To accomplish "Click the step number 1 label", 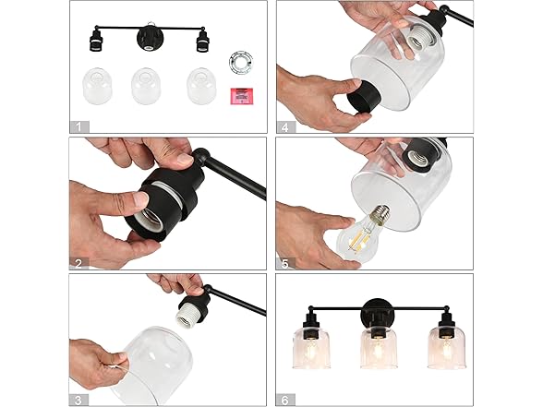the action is coord(79,126).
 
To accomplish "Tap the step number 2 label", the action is coord(79,264).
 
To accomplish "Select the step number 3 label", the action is coord(78,401).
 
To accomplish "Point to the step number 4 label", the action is coord(285,127).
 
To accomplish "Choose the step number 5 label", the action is coord(285,264).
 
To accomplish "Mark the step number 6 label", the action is coord(285,401).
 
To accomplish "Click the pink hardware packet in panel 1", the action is coord(242,96).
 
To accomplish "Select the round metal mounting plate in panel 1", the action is coord(241,62).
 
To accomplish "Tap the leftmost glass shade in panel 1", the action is coord(97,86).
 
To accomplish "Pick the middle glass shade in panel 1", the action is coord(146,86).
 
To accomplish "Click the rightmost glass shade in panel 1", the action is coord(201,86).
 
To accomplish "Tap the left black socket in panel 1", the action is coord(95,42).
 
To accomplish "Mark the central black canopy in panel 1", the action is coord(149,39).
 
